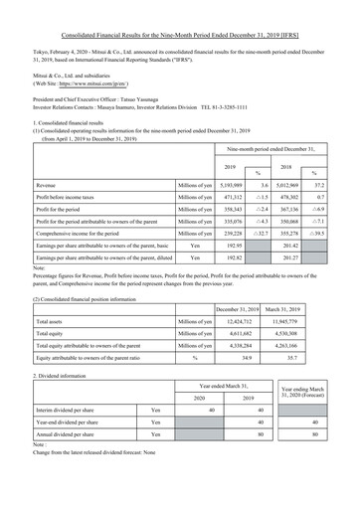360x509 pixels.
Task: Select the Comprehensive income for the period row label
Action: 85,230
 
